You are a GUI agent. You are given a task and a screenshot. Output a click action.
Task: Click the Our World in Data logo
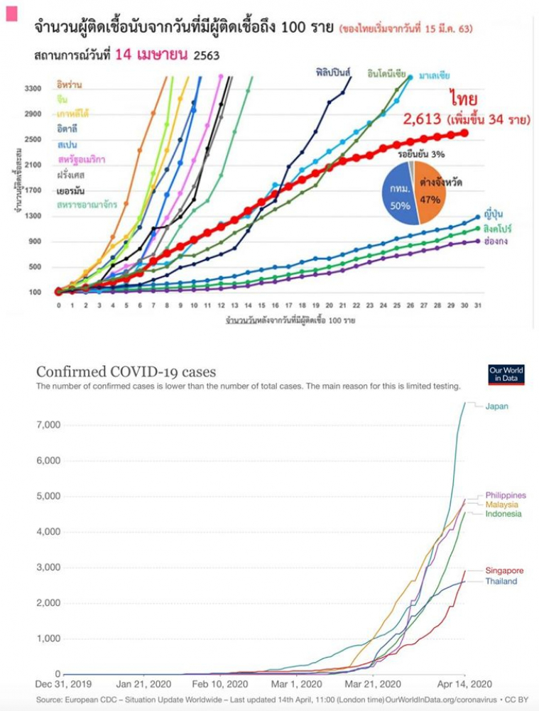point(506,375)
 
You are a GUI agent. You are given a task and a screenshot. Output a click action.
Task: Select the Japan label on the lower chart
point(496,406)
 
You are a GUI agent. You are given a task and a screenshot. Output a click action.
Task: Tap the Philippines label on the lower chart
point(506,495)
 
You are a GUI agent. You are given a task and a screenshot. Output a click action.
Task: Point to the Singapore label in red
point(504,570)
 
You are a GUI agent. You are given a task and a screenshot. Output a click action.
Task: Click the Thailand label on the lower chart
point(501,582)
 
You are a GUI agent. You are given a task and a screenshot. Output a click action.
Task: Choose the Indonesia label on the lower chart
point(503,514)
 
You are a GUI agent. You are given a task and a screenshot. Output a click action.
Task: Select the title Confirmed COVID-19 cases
point(126,372)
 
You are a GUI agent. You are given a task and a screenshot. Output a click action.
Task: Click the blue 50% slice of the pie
point(396,195)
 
